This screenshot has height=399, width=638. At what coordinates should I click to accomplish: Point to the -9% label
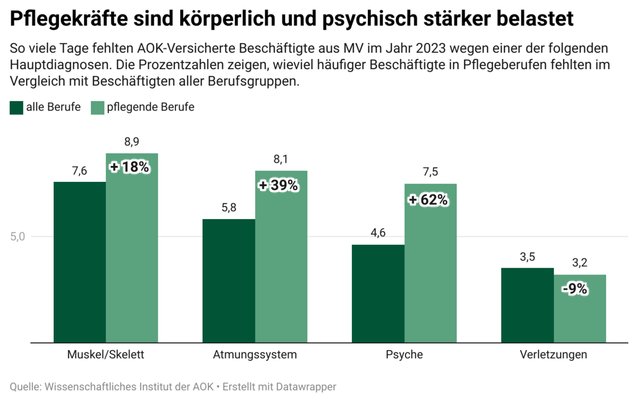(x=575, y=289)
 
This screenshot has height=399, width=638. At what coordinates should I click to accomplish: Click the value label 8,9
(x=132, y=142)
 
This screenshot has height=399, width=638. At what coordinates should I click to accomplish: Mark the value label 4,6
(x=378, y=233)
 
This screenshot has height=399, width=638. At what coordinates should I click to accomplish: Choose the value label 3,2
(x=580, y=263)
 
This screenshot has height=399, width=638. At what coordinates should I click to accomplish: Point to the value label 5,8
(x=229, y=207)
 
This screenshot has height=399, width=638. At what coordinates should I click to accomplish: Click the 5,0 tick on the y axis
(x=18, y=237)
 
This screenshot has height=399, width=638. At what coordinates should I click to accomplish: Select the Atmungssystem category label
(x=255, y=355)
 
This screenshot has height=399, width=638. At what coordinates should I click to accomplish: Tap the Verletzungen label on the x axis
(x=553, y=355)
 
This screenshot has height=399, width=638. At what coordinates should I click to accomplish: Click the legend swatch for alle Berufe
(x=16, y=107)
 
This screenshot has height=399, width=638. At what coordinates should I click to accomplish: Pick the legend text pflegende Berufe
(x=150, y=107)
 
